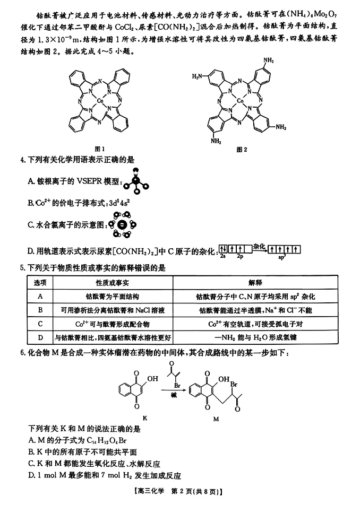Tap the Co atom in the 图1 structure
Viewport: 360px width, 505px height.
100,99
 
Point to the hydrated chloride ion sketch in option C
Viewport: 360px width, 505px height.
122,225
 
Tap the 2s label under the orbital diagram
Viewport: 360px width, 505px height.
223,256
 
